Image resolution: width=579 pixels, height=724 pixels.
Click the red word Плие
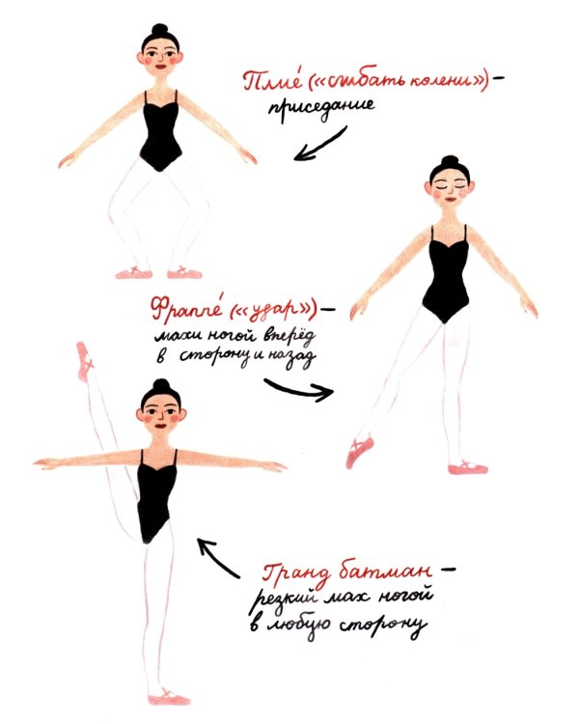point(266,81)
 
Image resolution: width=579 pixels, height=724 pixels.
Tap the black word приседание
point(321,108)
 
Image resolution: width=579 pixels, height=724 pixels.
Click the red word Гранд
point(297,572)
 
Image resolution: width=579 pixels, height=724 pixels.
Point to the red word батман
point(386,571)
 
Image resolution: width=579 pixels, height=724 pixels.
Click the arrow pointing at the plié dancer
point(319,145)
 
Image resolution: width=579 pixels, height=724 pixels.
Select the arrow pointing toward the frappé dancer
point(298,389)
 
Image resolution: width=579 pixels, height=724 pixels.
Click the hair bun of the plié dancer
point(160,30)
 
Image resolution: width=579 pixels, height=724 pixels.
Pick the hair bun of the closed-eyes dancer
point(450,161)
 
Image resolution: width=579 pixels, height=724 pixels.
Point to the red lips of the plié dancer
point(160,66)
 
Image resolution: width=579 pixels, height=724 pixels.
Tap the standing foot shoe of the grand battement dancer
point(169,696)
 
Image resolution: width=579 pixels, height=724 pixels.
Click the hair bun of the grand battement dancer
point(161,385)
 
